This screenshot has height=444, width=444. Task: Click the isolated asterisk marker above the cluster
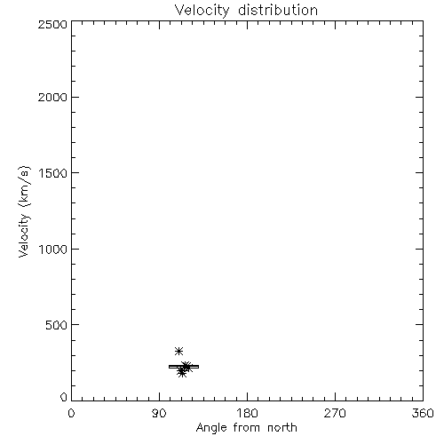pos(178,352)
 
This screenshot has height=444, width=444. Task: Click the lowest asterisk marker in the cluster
pos(182,373)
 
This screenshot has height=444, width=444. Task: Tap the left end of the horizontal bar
pos(169,367)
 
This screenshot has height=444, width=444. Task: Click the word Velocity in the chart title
pos(202,10)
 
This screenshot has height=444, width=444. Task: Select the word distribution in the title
pos(278,10)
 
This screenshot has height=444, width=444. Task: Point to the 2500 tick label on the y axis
pos(52,24)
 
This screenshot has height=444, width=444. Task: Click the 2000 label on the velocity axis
pos(52,97)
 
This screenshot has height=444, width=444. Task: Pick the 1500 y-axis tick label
pos(53,173)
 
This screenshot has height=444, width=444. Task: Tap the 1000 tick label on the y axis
pos(53,250)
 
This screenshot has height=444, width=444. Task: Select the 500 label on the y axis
pos(57,325)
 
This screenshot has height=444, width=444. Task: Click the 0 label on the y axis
pos(64,397)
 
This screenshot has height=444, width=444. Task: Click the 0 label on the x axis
pos(71,413)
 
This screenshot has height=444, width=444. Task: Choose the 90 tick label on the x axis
pos(159,413)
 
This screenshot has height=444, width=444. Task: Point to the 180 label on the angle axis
pos(247,413)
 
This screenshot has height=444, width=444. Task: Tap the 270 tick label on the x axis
pos(335,413)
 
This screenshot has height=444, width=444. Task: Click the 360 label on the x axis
pos(423,413)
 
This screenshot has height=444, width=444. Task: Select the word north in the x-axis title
pos(282,428)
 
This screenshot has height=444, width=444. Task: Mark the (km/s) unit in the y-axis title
pos(24,186)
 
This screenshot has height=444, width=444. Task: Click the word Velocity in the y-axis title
pos(24,235)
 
